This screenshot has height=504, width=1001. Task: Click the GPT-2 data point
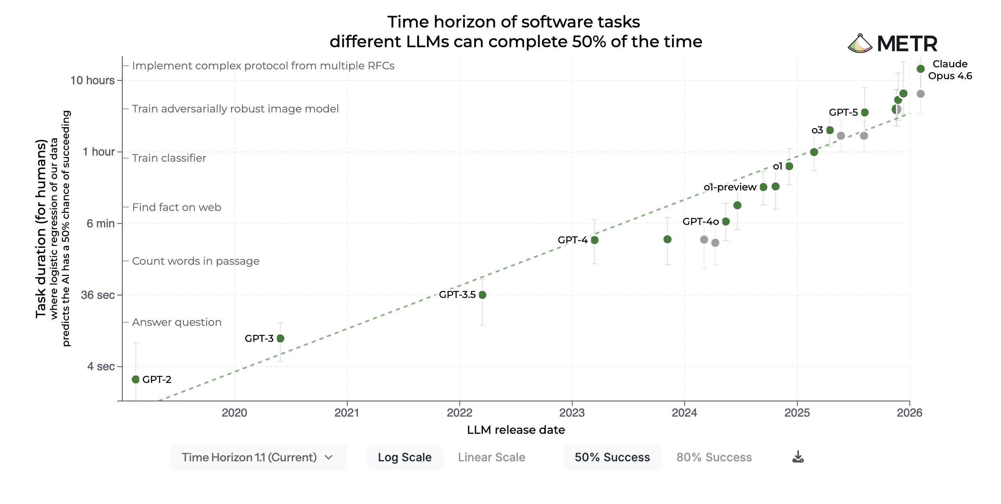[136, 379]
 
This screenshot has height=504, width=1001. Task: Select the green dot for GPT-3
[281, 338]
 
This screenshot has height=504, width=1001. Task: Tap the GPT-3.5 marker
[482, 295]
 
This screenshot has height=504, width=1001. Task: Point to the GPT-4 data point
[594, 240]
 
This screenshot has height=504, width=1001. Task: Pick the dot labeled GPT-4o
[726, 222]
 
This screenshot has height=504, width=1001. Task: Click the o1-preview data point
[763, 187]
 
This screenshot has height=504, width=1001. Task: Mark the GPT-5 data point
[865, 112]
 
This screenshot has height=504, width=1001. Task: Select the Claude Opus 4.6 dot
[921, 69]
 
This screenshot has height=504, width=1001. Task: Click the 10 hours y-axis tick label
[92, 80]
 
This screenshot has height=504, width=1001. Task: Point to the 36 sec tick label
[98, 295]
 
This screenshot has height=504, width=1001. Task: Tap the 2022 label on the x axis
[459, 413]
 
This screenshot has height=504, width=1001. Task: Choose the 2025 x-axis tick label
[797, 413]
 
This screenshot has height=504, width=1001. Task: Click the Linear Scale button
[491, 457]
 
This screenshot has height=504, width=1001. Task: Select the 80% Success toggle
[714, 457]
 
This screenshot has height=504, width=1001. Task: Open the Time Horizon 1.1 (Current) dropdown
[258, 457]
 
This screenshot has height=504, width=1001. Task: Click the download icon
[798, 457]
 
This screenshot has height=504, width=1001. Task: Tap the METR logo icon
[860, 44]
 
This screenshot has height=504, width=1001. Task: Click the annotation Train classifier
[169, 158]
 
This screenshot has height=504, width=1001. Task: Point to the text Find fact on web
[176, 207]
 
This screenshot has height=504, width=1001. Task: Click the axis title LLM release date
[516, 430]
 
